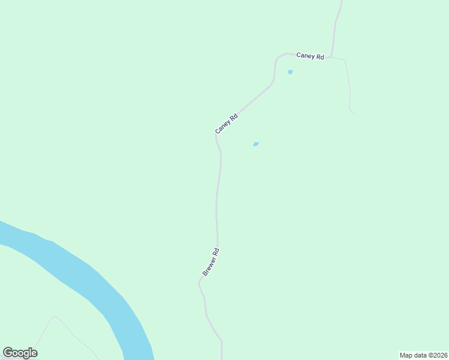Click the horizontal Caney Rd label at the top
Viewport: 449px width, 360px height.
(x=310, y=56)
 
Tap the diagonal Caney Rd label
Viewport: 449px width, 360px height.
(x=227, y=124)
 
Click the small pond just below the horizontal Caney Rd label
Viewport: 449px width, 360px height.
(x=291, y=72)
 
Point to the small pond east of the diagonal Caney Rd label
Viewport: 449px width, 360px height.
(x=256, y=144)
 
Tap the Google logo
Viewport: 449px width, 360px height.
(x=20, y=353)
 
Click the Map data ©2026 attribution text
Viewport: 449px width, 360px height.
(x=423, y=355)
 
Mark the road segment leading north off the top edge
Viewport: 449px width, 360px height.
(x=338, y=24)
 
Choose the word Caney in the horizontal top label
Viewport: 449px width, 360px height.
(x=305, y=55)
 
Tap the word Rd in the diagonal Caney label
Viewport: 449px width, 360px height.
(x=234, y=118)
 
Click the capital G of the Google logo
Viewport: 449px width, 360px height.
(x=8, y=352)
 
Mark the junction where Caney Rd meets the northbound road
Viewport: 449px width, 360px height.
(x=331, y=58)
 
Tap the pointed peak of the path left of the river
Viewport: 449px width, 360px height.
(x=55, y=316)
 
